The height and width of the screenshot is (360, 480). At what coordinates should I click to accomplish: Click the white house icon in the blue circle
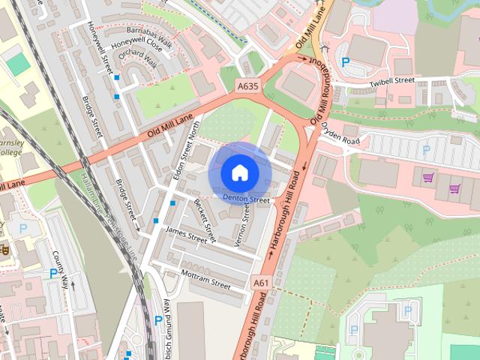239,172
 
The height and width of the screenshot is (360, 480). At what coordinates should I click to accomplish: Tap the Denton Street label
246,199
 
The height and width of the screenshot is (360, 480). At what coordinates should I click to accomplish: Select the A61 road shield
261,283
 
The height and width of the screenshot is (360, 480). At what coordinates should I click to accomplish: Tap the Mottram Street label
206,280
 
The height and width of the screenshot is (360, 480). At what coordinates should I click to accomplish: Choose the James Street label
185,233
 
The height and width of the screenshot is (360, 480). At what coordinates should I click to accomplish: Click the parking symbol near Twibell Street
346,63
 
